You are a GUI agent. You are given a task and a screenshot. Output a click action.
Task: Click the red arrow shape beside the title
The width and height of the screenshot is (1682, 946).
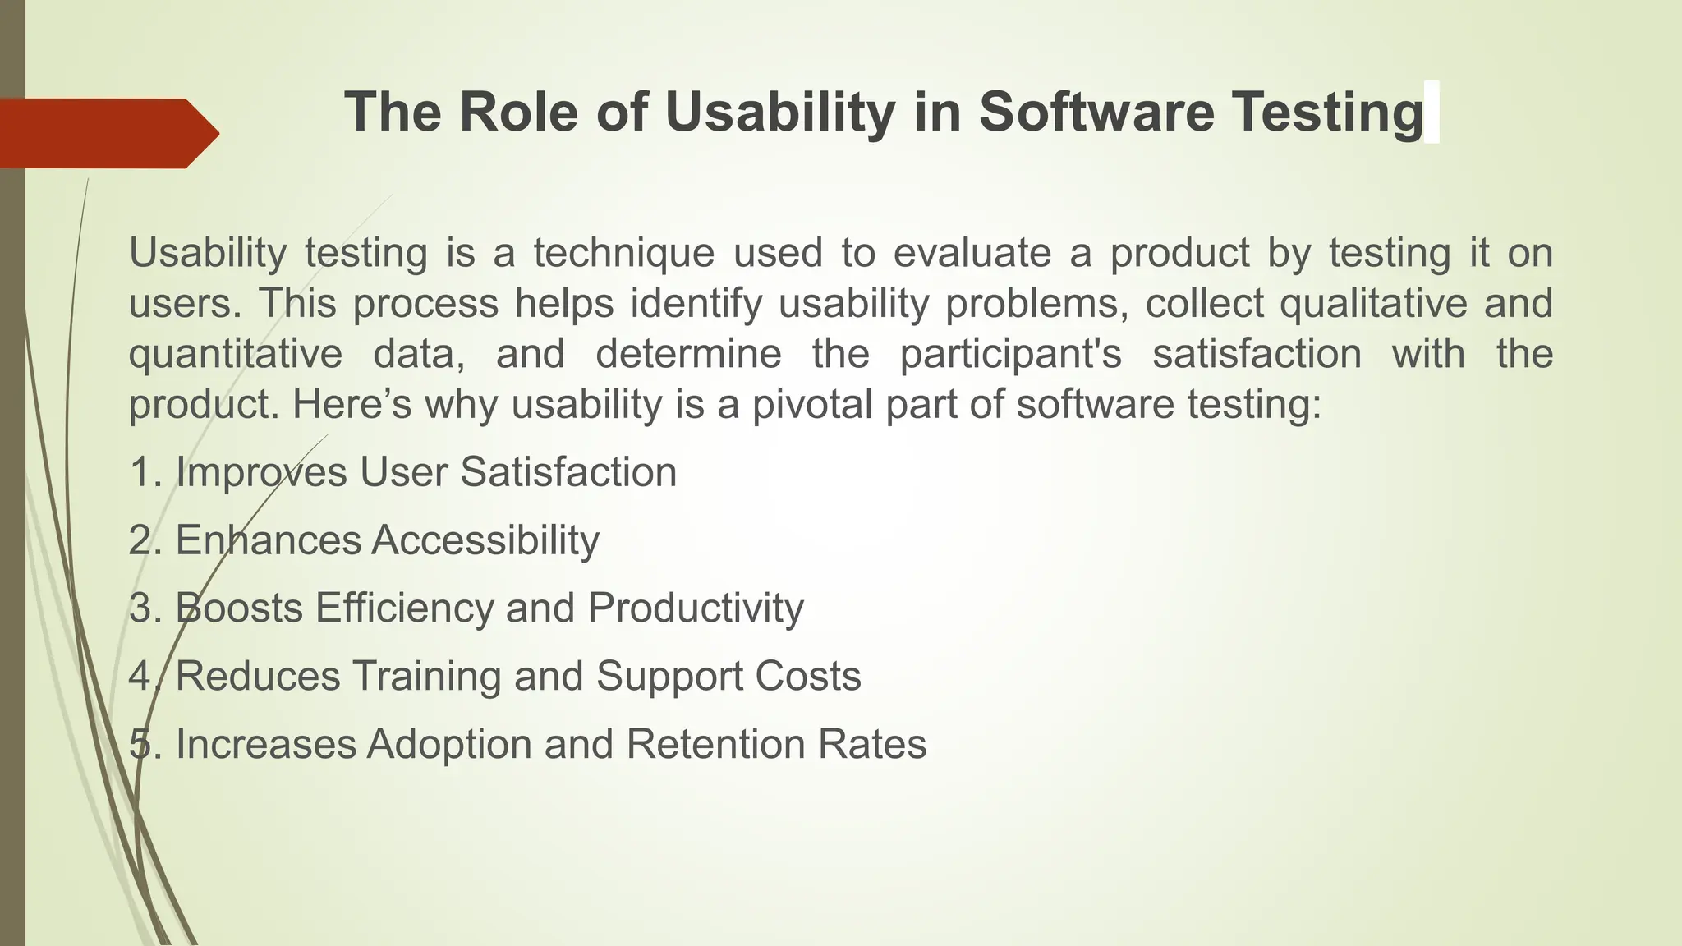[x=107, y=133]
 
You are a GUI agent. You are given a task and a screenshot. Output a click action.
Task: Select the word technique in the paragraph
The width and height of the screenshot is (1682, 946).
[x=624, y=252]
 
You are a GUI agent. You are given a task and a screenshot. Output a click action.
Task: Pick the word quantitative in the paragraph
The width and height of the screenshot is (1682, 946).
[x=236, y=354]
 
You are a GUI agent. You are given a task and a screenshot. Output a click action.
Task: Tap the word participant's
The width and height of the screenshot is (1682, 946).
[x=1010, y=354]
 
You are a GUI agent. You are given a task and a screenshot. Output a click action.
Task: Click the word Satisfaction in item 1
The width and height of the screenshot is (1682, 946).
[x=568, y=472]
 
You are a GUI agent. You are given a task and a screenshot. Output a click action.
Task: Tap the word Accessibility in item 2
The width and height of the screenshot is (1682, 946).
[x=485, y=540]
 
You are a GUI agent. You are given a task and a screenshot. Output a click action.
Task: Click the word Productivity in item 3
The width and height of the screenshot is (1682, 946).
[x=695, y=608]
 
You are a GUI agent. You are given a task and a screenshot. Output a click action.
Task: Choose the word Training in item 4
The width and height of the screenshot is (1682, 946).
[x=426, y=676]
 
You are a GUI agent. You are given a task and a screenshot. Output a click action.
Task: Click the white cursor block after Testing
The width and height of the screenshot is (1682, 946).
[x=1432, y=113]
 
